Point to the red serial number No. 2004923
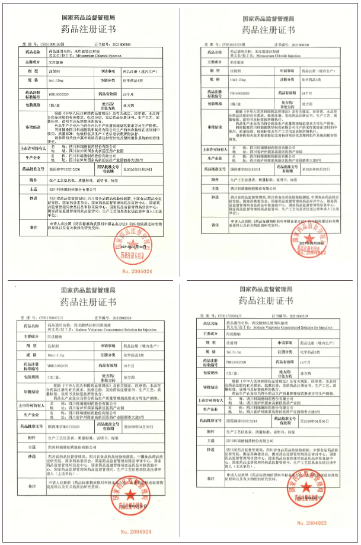click(x=312, y=523)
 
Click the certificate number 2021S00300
click(x=133, y=43)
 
